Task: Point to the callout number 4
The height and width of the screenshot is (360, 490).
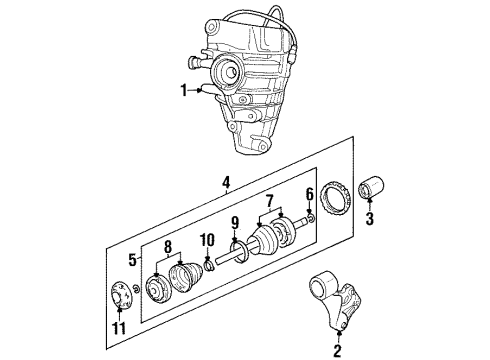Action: pos(226,183)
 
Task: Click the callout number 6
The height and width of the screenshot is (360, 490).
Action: pos(310,194)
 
